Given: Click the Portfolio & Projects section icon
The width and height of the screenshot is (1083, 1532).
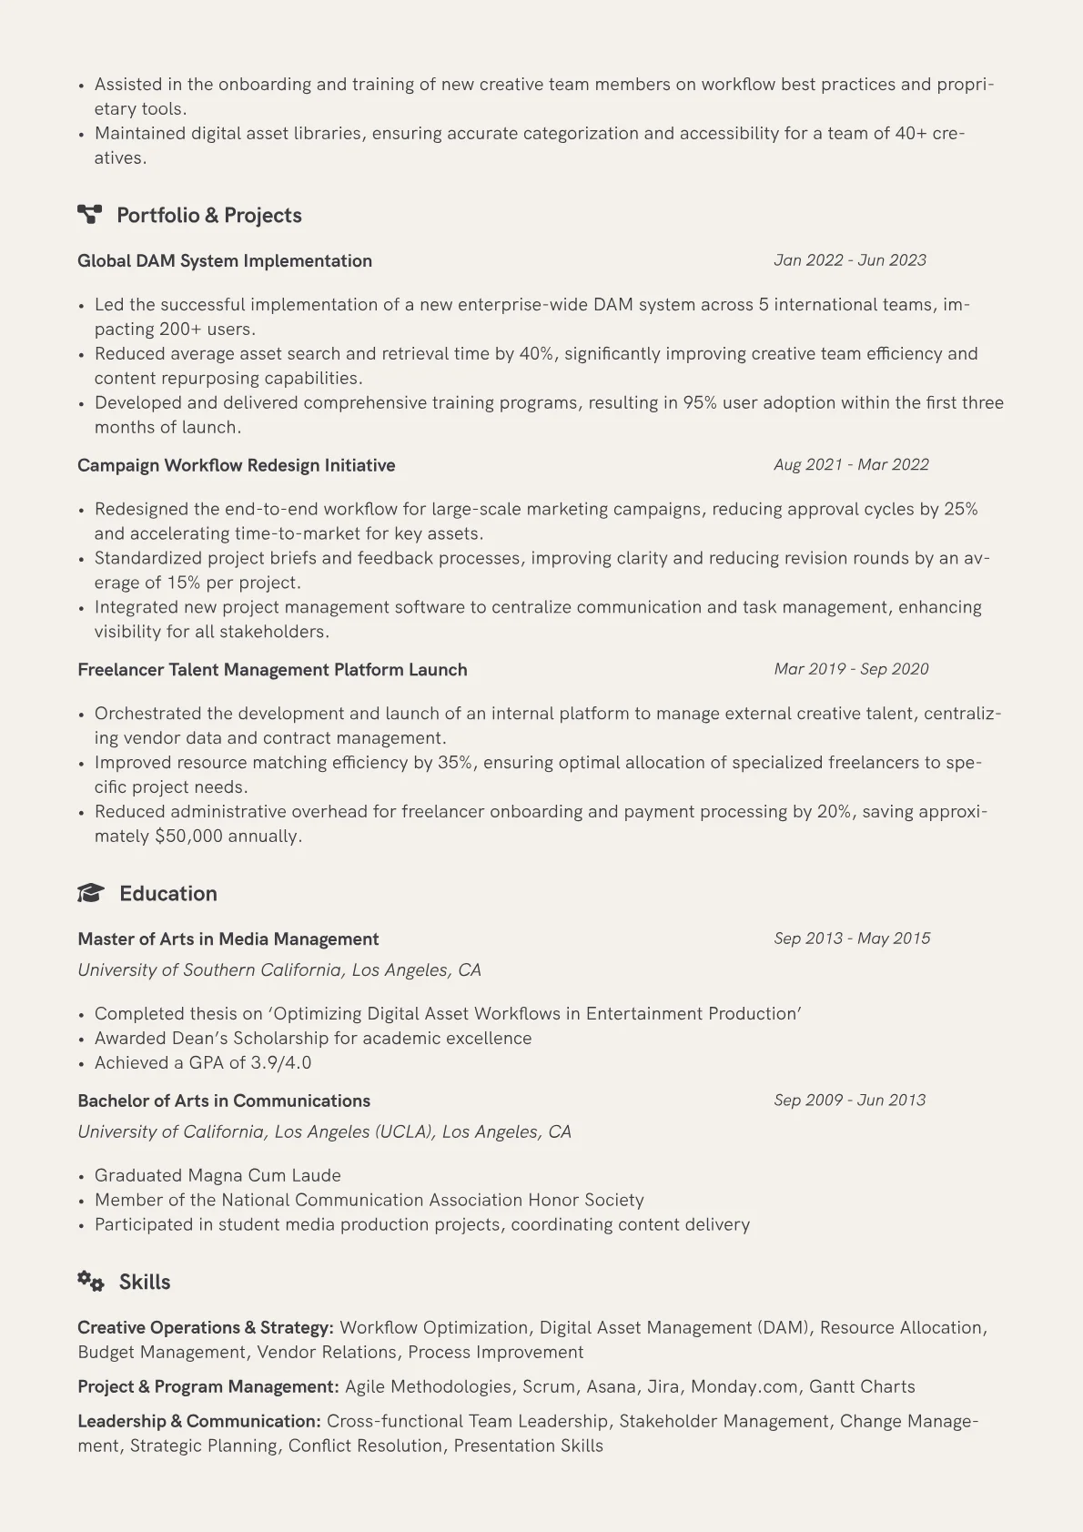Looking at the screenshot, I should coord(89,215).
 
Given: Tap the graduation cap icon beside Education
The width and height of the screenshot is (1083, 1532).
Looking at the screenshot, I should coord(91,893).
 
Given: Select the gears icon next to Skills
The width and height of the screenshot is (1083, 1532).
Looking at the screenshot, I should coord(91,1282).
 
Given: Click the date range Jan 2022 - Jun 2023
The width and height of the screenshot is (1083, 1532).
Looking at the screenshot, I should coord(849,260).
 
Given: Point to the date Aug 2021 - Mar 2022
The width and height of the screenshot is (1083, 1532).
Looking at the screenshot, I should coord(851,465).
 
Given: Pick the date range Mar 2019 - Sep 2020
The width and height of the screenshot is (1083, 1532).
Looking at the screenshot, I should coord(851,669).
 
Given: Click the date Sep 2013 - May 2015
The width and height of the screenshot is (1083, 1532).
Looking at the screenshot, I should coord(852,938).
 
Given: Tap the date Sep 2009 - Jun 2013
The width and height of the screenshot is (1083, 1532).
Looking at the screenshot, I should coord(849,1101).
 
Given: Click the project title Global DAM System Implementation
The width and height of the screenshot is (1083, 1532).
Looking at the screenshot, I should coord(225,261).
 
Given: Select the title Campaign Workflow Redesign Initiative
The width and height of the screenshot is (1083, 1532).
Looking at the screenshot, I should coord(237,465).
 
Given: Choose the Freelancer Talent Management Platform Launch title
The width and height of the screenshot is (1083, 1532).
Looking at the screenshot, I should coord(272,670).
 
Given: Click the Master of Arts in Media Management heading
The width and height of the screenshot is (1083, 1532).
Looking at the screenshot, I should coord(228,939).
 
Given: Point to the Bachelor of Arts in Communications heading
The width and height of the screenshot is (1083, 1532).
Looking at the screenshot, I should coord(224,1101).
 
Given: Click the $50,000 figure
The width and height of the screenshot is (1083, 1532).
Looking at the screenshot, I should coord(188,837).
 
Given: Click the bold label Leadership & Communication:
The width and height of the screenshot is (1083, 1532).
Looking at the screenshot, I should coord(199,1422).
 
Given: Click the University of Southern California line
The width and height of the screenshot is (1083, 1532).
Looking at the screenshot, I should coord(279,970).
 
